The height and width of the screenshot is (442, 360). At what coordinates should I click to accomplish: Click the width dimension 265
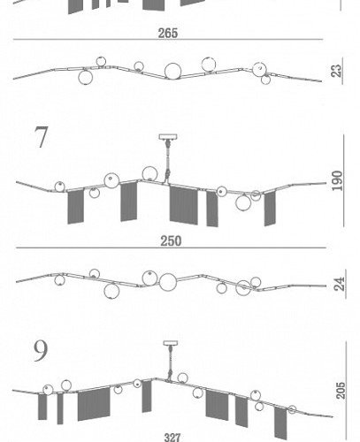[168, 33]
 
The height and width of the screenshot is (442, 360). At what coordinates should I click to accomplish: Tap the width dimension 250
[171, 241]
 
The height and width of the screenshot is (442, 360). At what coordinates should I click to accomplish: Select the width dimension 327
[172, 438]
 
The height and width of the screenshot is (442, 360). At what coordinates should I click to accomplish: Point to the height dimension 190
[338, 180]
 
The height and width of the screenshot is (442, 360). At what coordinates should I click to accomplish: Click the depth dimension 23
[337, 71]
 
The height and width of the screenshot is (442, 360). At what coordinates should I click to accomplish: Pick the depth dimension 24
[340, 284]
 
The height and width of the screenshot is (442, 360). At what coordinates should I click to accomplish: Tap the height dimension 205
[341, 391]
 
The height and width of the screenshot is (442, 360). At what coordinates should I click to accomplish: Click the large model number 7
[41, 137]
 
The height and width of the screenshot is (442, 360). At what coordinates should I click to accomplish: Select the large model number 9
[41, 351]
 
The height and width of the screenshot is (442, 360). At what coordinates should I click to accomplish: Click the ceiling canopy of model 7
[168, 137]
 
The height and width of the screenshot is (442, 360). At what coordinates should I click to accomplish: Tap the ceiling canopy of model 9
[171, 343]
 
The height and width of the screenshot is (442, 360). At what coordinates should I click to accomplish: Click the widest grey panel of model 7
[183, 205]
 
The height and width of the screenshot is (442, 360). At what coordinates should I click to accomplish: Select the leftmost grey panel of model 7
[75, 207]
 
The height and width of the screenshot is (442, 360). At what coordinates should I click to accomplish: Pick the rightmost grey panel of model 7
[270, 209]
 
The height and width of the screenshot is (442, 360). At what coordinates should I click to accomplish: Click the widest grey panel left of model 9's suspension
[94, 404]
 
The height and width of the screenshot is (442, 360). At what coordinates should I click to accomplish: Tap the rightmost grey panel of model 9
[280, 423]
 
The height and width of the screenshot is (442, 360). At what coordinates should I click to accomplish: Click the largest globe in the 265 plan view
[172, 72]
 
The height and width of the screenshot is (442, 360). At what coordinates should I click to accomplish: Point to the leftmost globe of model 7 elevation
[60, 187]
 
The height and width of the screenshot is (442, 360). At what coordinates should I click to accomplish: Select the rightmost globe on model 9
[292, 409]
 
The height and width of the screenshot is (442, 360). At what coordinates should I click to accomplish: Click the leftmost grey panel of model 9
[42, 407]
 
